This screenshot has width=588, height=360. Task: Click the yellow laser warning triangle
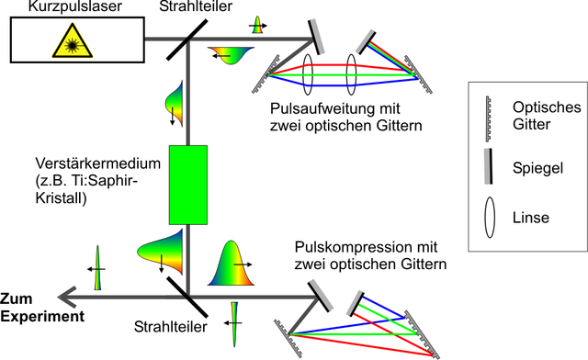coord(73,41)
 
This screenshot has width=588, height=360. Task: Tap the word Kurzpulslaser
coord(75,6)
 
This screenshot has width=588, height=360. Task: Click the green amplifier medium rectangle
coord(188,185)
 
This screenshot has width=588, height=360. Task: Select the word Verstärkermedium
coord(98,163)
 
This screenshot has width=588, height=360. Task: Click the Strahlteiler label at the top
coord(196,6)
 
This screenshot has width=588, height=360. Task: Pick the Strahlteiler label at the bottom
coord(171,327)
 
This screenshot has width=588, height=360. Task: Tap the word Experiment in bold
coord(42,317)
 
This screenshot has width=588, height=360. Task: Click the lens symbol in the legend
coord(490,218)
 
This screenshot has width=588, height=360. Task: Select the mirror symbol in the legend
coord(488,166)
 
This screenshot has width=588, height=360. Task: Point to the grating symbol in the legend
coord(488,118)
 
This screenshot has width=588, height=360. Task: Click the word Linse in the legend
coord(531,218)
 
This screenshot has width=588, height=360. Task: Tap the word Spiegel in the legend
coord(537,168)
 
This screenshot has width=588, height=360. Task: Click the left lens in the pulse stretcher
coord(308,74)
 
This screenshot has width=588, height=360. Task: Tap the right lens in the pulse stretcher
coord(351,74)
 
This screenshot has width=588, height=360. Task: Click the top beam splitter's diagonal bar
coord(187,39)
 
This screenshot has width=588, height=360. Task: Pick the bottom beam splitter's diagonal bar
coord(187,297)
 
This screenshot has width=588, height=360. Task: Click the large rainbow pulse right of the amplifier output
coord(231,264)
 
